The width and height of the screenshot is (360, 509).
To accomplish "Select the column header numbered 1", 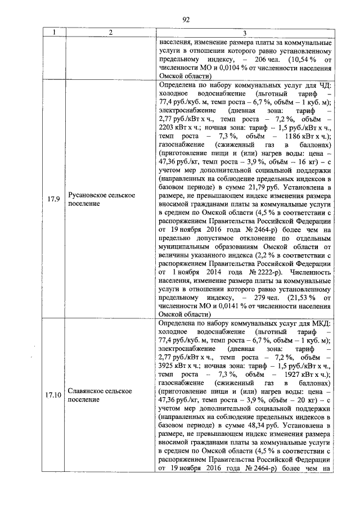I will (54, 33).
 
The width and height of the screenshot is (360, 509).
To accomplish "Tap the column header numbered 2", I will (111, 33).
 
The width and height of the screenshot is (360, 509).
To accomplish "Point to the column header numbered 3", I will (244, 33).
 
